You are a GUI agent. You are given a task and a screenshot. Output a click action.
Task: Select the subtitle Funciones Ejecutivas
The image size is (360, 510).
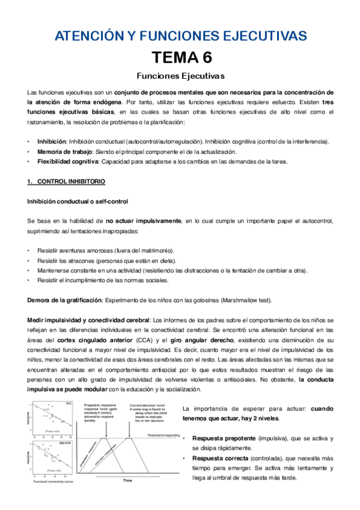[x=180, y=76]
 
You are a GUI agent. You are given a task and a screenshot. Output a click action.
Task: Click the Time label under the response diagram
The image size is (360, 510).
[x=127, y=481]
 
